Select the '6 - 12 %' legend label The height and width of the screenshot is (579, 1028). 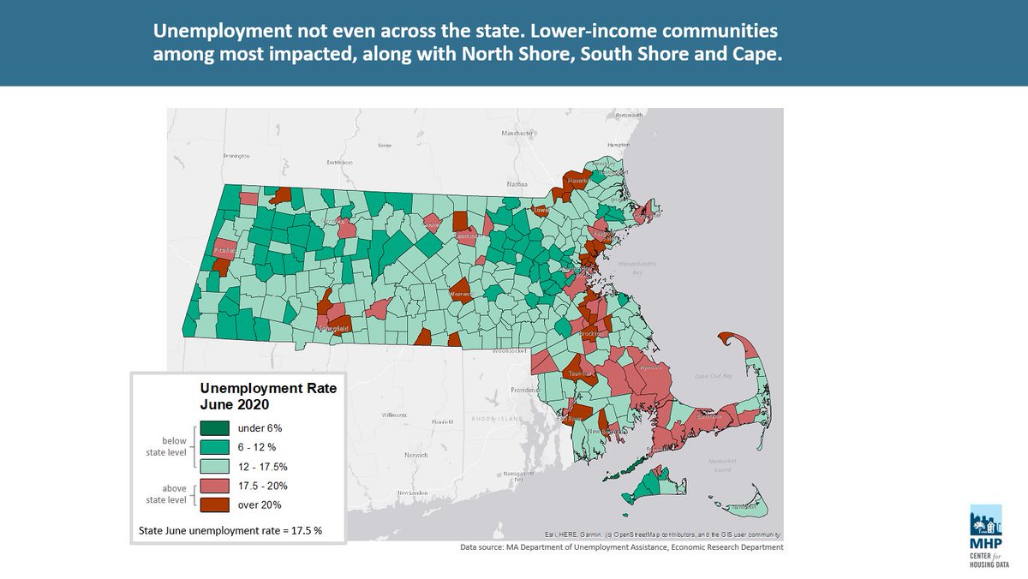[x=256, y=447]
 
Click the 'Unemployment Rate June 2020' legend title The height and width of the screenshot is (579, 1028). [x=267, y=396]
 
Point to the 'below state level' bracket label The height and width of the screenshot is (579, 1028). [x=163, y=446]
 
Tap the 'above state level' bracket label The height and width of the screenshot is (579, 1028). [x=163, y=495]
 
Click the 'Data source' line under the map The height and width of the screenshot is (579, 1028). [x=622, y=547]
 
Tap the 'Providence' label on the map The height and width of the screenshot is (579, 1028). [x=526, y=389]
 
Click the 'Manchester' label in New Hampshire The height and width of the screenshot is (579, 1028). [x=517, y=134]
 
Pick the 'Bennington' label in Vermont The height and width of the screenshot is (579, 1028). [x=236, y=157]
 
